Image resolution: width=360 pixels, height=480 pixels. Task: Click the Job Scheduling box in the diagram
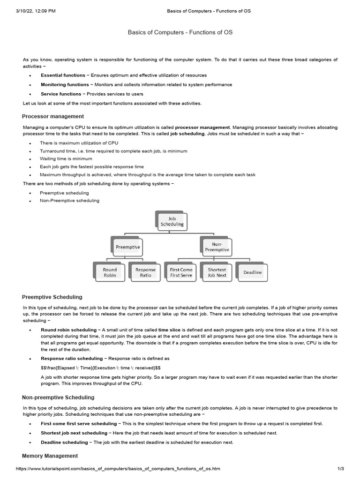(x=172, y=221)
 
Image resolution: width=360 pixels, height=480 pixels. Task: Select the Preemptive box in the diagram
(x=128, y=247)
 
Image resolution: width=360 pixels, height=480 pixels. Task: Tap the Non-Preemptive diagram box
(x=217, y=247)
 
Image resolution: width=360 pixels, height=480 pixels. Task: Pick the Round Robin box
(x=110, y=272)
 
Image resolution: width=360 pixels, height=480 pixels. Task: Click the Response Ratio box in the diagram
(x=145, y=272)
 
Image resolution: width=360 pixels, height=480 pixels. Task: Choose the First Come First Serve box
(x=181, y=272)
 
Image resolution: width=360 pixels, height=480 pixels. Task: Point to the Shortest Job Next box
(x=217, y=272)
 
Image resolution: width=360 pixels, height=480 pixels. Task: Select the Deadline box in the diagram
(x=253, y=272)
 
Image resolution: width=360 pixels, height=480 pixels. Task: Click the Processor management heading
(x=53, y=116)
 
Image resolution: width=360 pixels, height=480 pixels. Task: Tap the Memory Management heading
(x=50, y=456)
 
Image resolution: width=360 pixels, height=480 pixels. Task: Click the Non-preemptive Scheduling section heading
(x=58, y=397)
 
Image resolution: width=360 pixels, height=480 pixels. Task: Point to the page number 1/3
(x=341, y=469)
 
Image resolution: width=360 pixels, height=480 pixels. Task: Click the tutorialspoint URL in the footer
(x=118, y=469)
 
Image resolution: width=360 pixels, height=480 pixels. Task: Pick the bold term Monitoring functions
(x=64, y=84)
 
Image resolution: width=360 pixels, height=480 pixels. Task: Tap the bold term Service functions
(x=61, y=94)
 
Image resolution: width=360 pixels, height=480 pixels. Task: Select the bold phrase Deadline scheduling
(x=64, y=442)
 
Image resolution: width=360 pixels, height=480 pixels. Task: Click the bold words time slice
(x=170, y=330)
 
